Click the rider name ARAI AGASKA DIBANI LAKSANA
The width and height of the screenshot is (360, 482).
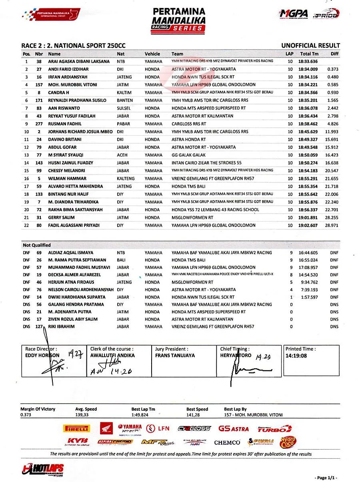[78, 62]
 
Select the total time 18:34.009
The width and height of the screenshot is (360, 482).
[308, 69]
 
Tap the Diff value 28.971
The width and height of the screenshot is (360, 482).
[332, 225]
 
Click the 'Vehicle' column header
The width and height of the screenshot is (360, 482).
[152, 54]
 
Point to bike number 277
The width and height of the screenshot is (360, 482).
[39, 124]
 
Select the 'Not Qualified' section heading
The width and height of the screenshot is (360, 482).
[37, 245]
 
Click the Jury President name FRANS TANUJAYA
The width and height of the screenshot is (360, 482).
[175, 355]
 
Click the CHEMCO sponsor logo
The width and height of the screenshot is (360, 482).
[227, 442]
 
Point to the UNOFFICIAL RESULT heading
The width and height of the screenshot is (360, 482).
[310, 46]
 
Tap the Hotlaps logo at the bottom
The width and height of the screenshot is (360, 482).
[43, 469]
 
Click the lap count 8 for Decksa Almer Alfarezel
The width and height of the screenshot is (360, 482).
[291, 275]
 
